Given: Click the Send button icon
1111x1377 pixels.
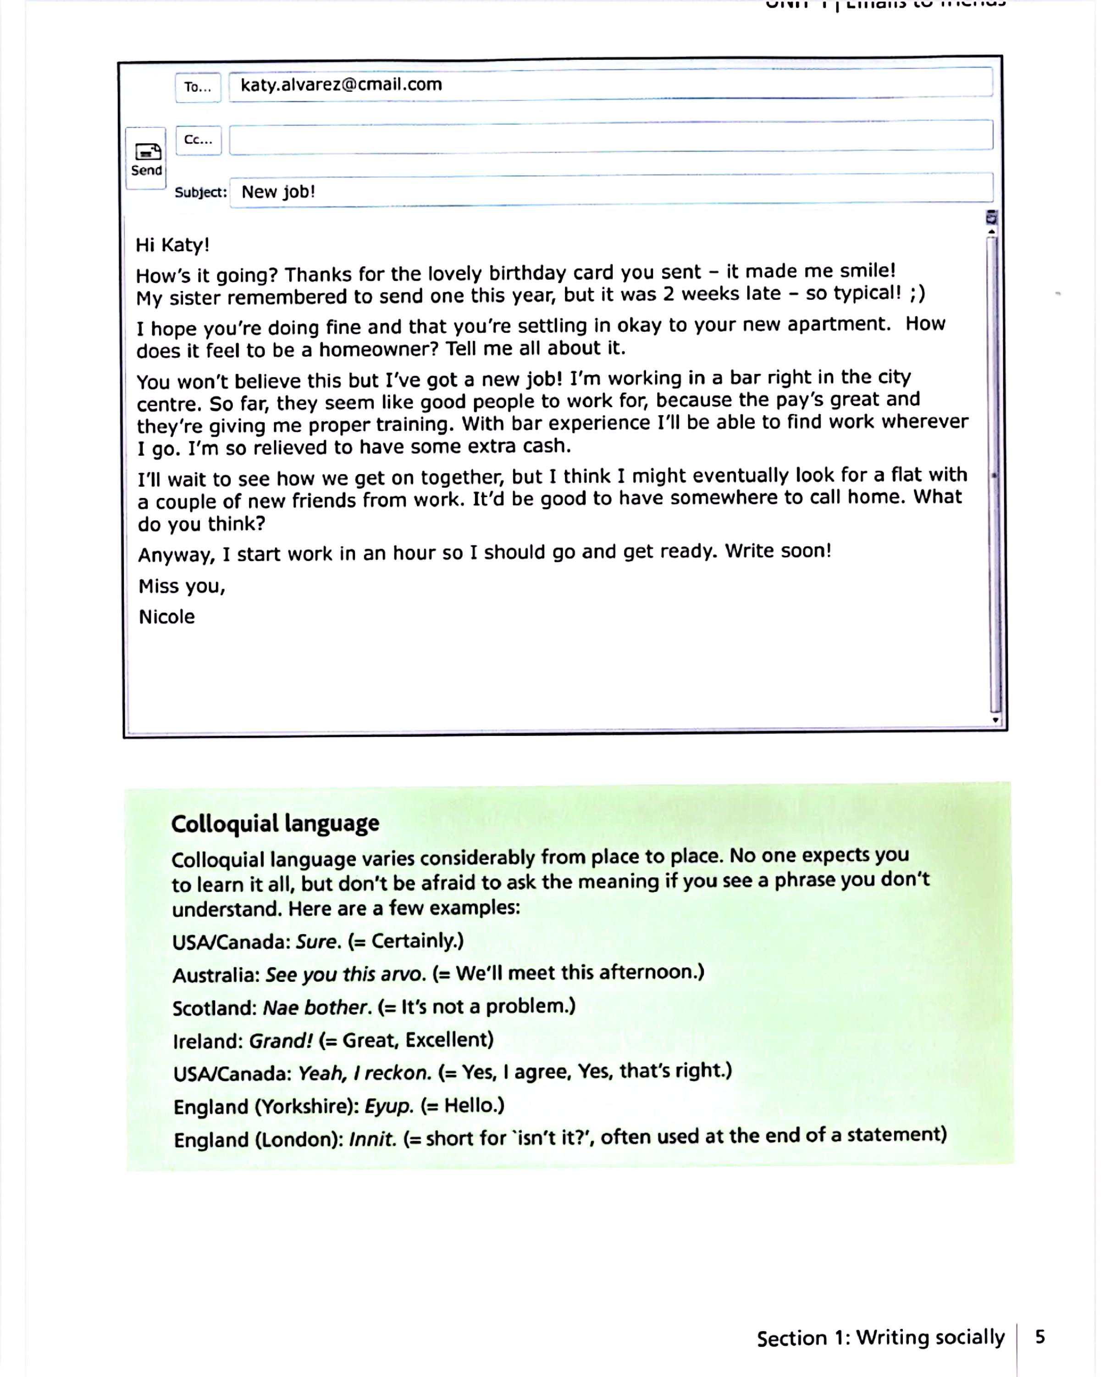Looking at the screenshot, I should (x=147, y=152).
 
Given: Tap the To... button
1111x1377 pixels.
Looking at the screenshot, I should (x=198, y=87).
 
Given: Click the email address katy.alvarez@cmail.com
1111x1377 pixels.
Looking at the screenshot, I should (x=341, y=84).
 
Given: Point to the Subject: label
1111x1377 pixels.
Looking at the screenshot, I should (x=200, y=192).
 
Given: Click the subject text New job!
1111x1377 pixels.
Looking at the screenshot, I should (x=278, y=191).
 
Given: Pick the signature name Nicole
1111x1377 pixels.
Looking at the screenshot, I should (x=167, y=617).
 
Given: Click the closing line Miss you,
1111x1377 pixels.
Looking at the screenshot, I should (x=182, y=586).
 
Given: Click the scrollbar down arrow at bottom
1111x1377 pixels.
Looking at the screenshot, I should (x=995, y=720).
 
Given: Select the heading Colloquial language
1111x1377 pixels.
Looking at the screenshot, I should (x=275, y=823).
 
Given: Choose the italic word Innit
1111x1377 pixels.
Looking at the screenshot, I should (x=372, y=1139).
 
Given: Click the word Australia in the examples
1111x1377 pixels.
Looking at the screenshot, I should (x=216, y=975).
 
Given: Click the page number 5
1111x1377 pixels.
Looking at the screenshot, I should (x=1040, y=1337).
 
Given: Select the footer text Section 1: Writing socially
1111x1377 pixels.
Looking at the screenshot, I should (x=881, y=1338).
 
